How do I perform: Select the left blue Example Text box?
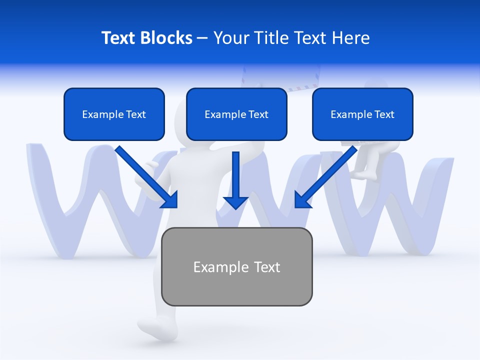tap(114, 114)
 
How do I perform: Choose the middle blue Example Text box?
tap(236, 114)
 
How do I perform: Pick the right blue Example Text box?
tap(362, 114)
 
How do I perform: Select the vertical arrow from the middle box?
tap(235, 180)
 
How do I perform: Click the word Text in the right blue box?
tap(384, 114)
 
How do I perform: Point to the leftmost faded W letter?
tap(80, 200)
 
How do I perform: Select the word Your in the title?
tap(230, 38)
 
